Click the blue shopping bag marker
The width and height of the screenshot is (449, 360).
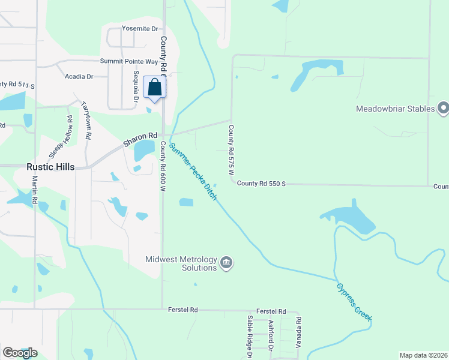pos(154,88)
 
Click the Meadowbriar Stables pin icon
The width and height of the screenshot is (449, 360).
pos(444,108)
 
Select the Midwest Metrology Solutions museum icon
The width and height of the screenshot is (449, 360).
pos(226,263)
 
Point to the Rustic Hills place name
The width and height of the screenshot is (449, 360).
pos(50,167)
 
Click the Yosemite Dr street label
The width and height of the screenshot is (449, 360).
pos(139,29)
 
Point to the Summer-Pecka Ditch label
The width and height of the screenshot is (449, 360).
pos(192,172)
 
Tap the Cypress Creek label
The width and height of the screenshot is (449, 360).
pos(354,301)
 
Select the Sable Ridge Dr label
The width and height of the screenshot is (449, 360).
pos(250,337)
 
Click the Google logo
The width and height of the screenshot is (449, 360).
pos(20,352)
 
